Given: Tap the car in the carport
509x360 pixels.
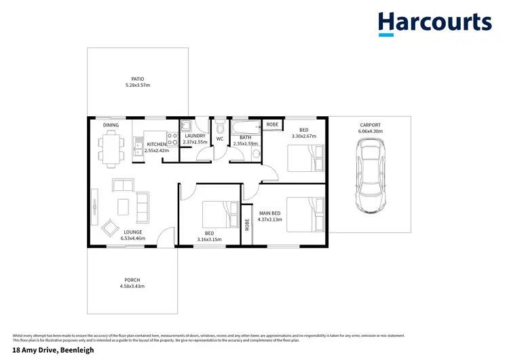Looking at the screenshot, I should pyautogui.click(x=370, y=176).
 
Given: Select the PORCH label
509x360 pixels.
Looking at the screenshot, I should pyautogui.click(x=132, y=280).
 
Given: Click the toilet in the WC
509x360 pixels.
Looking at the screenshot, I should pyautogui.click(x=219, y=129).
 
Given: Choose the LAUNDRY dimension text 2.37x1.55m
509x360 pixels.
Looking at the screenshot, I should pyautogui.click(x=195, y=143).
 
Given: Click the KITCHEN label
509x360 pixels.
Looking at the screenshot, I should pyautogui.click(x=156, y=144).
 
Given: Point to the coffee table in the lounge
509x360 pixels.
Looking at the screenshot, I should pyautogui.click(x=124, y=205).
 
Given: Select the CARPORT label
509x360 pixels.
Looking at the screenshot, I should pyautogui.click(x=371, y=125).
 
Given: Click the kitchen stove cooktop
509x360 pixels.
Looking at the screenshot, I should pyautogui.click(x=173, y=143).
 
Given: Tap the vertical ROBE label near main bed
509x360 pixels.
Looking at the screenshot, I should pyautogui.click(x=248, y=223).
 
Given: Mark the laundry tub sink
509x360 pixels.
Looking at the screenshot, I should pyautogui.click(x=186, y=126).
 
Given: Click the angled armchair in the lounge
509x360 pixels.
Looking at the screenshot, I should pyautogui.click(x=110, y=227).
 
